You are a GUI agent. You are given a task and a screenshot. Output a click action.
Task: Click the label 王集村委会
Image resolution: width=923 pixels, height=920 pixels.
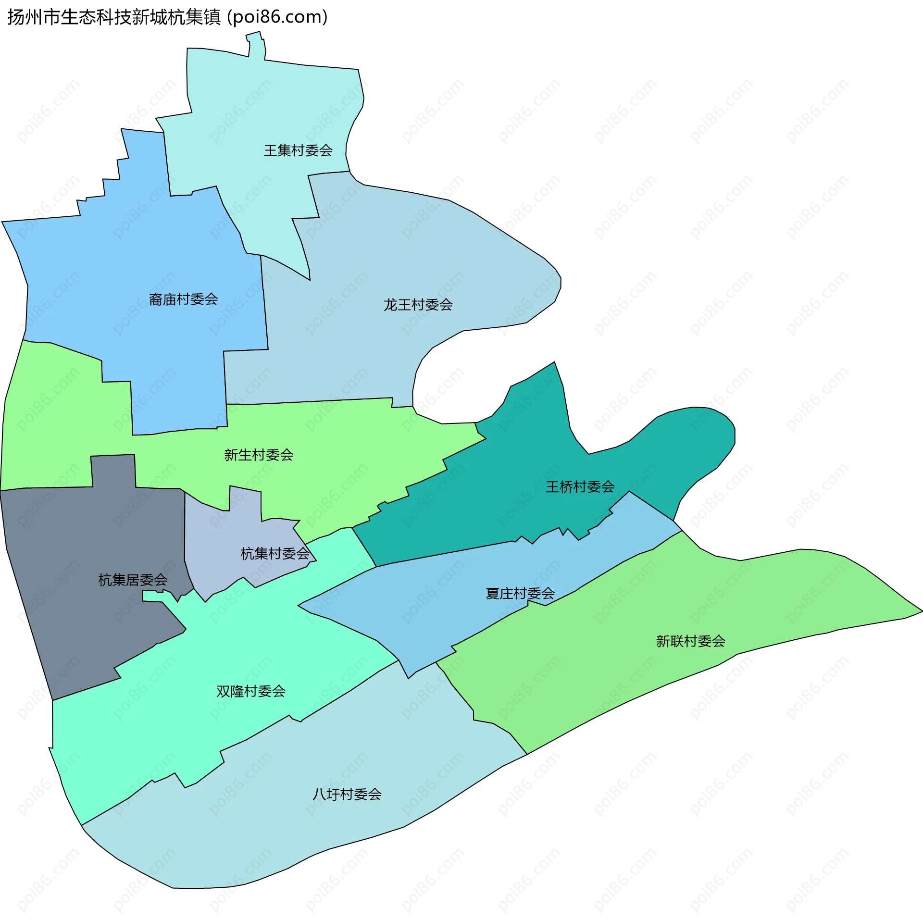(x=298, y=150)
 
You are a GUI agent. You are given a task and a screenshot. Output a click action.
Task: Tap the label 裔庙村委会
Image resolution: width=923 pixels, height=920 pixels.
(x=183, y=299)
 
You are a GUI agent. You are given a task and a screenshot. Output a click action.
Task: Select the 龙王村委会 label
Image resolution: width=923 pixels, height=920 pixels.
(x=418, y=305)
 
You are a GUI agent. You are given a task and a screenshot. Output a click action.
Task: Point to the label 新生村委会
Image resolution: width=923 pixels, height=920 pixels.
(x=259, y=455)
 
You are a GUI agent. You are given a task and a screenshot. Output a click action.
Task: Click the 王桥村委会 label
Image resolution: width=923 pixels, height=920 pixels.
(x=580, y=487)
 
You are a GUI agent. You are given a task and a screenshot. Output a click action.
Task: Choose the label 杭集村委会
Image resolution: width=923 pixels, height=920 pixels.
(x=275, y=554)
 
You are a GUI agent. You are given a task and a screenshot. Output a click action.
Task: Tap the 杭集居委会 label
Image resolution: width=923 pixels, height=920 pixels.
(x=133, y=580)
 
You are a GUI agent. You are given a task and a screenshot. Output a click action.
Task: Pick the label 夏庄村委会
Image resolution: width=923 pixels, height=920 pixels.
(x=520, y=594)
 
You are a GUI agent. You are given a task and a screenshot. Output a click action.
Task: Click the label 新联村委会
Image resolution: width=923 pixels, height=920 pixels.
(x=690, y=641)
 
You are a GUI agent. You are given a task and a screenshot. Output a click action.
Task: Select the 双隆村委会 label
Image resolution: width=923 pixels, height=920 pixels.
(x=251, y=691)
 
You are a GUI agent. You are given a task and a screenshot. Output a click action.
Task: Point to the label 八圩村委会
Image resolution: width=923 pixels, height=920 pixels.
(x=347, y=794)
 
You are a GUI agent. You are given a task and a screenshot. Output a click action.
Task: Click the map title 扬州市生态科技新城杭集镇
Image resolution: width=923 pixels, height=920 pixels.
(x=114, y=17)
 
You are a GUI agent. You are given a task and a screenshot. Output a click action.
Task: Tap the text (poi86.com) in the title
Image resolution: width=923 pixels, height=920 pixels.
(x=277, y=17)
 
